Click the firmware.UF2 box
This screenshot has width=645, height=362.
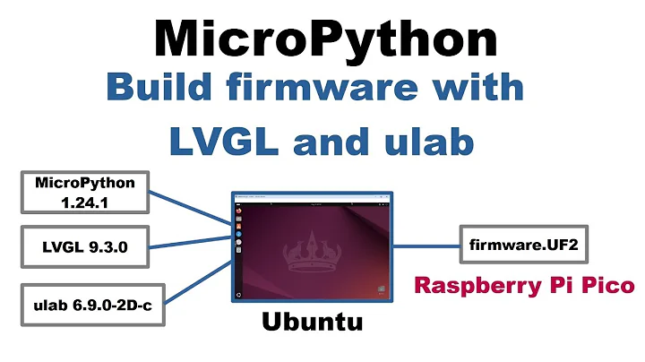point(511,244)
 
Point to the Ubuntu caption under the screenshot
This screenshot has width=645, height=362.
point(312,321)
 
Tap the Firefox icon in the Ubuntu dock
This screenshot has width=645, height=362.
point(239,218)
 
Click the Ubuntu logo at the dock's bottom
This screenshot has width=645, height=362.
point(239,294)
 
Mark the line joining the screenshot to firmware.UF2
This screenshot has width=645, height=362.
point(426,244)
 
